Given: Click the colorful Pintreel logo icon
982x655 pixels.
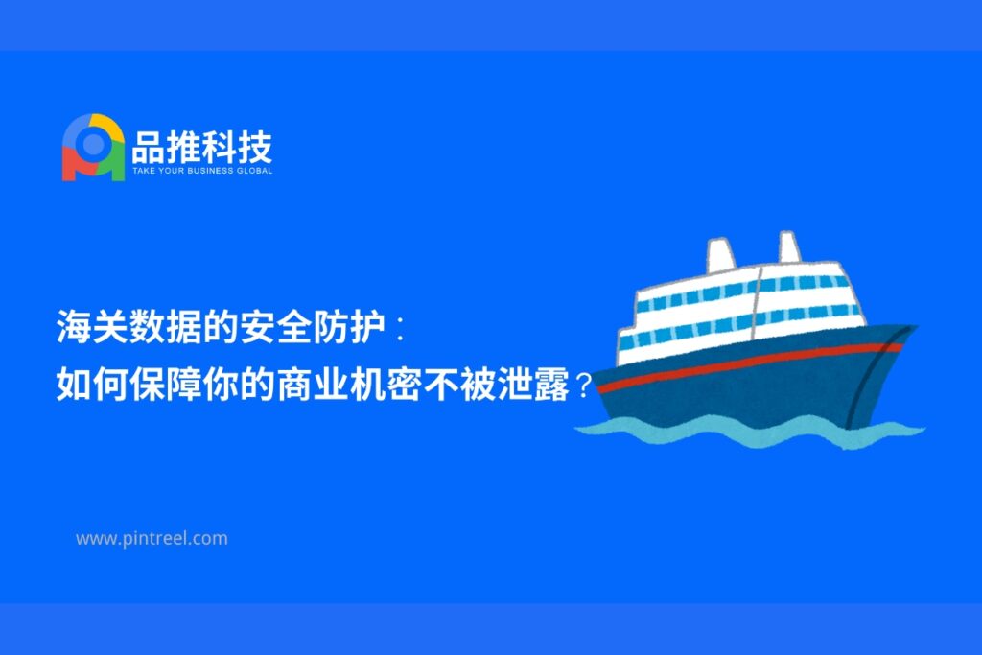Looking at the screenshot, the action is pyautogui.click(x=93, y=148).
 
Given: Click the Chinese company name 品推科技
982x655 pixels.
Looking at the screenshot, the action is pyautogui.click(x=201, y=147).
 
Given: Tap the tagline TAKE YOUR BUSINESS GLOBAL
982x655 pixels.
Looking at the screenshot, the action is pyautogui.click(x=202, y=171).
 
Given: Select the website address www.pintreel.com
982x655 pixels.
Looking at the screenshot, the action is pyautogui.click(x=152, y=539).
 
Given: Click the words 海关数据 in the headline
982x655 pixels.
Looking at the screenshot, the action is pyautogui.click(x=129, y=326).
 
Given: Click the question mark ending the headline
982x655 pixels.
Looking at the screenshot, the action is pyautogui.click(x=583, y=386).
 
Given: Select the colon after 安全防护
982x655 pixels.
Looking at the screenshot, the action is pyautogui.click(x=401, y=328).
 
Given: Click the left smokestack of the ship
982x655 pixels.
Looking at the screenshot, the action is pyautogui.click(x=721, y=255).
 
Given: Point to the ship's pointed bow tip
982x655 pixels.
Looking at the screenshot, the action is pyautogui.click(x=915, y=327).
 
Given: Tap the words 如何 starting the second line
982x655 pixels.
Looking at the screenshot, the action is pyautogui.click(x=93, y=384).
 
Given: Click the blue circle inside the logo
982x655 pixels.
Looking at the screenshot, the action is pyautogui.click(x=93, y=145).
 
